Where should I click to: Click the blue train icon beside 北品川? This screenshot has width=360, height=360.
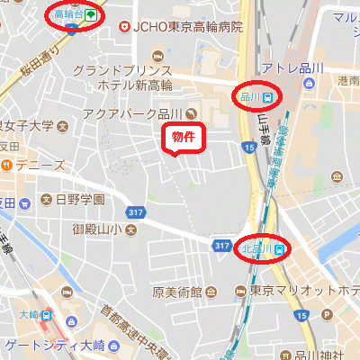point(280,248)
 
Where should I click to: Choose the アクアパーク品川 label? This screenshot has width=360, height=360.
point(132,114)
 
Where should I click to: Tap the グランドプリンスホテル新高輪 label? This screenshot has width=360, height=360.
point(122,77)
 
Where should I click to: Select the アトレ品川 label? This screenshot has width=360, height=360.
point(291,68)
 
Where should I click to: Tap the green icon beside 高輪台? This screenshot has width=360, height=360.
point(90,15)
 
